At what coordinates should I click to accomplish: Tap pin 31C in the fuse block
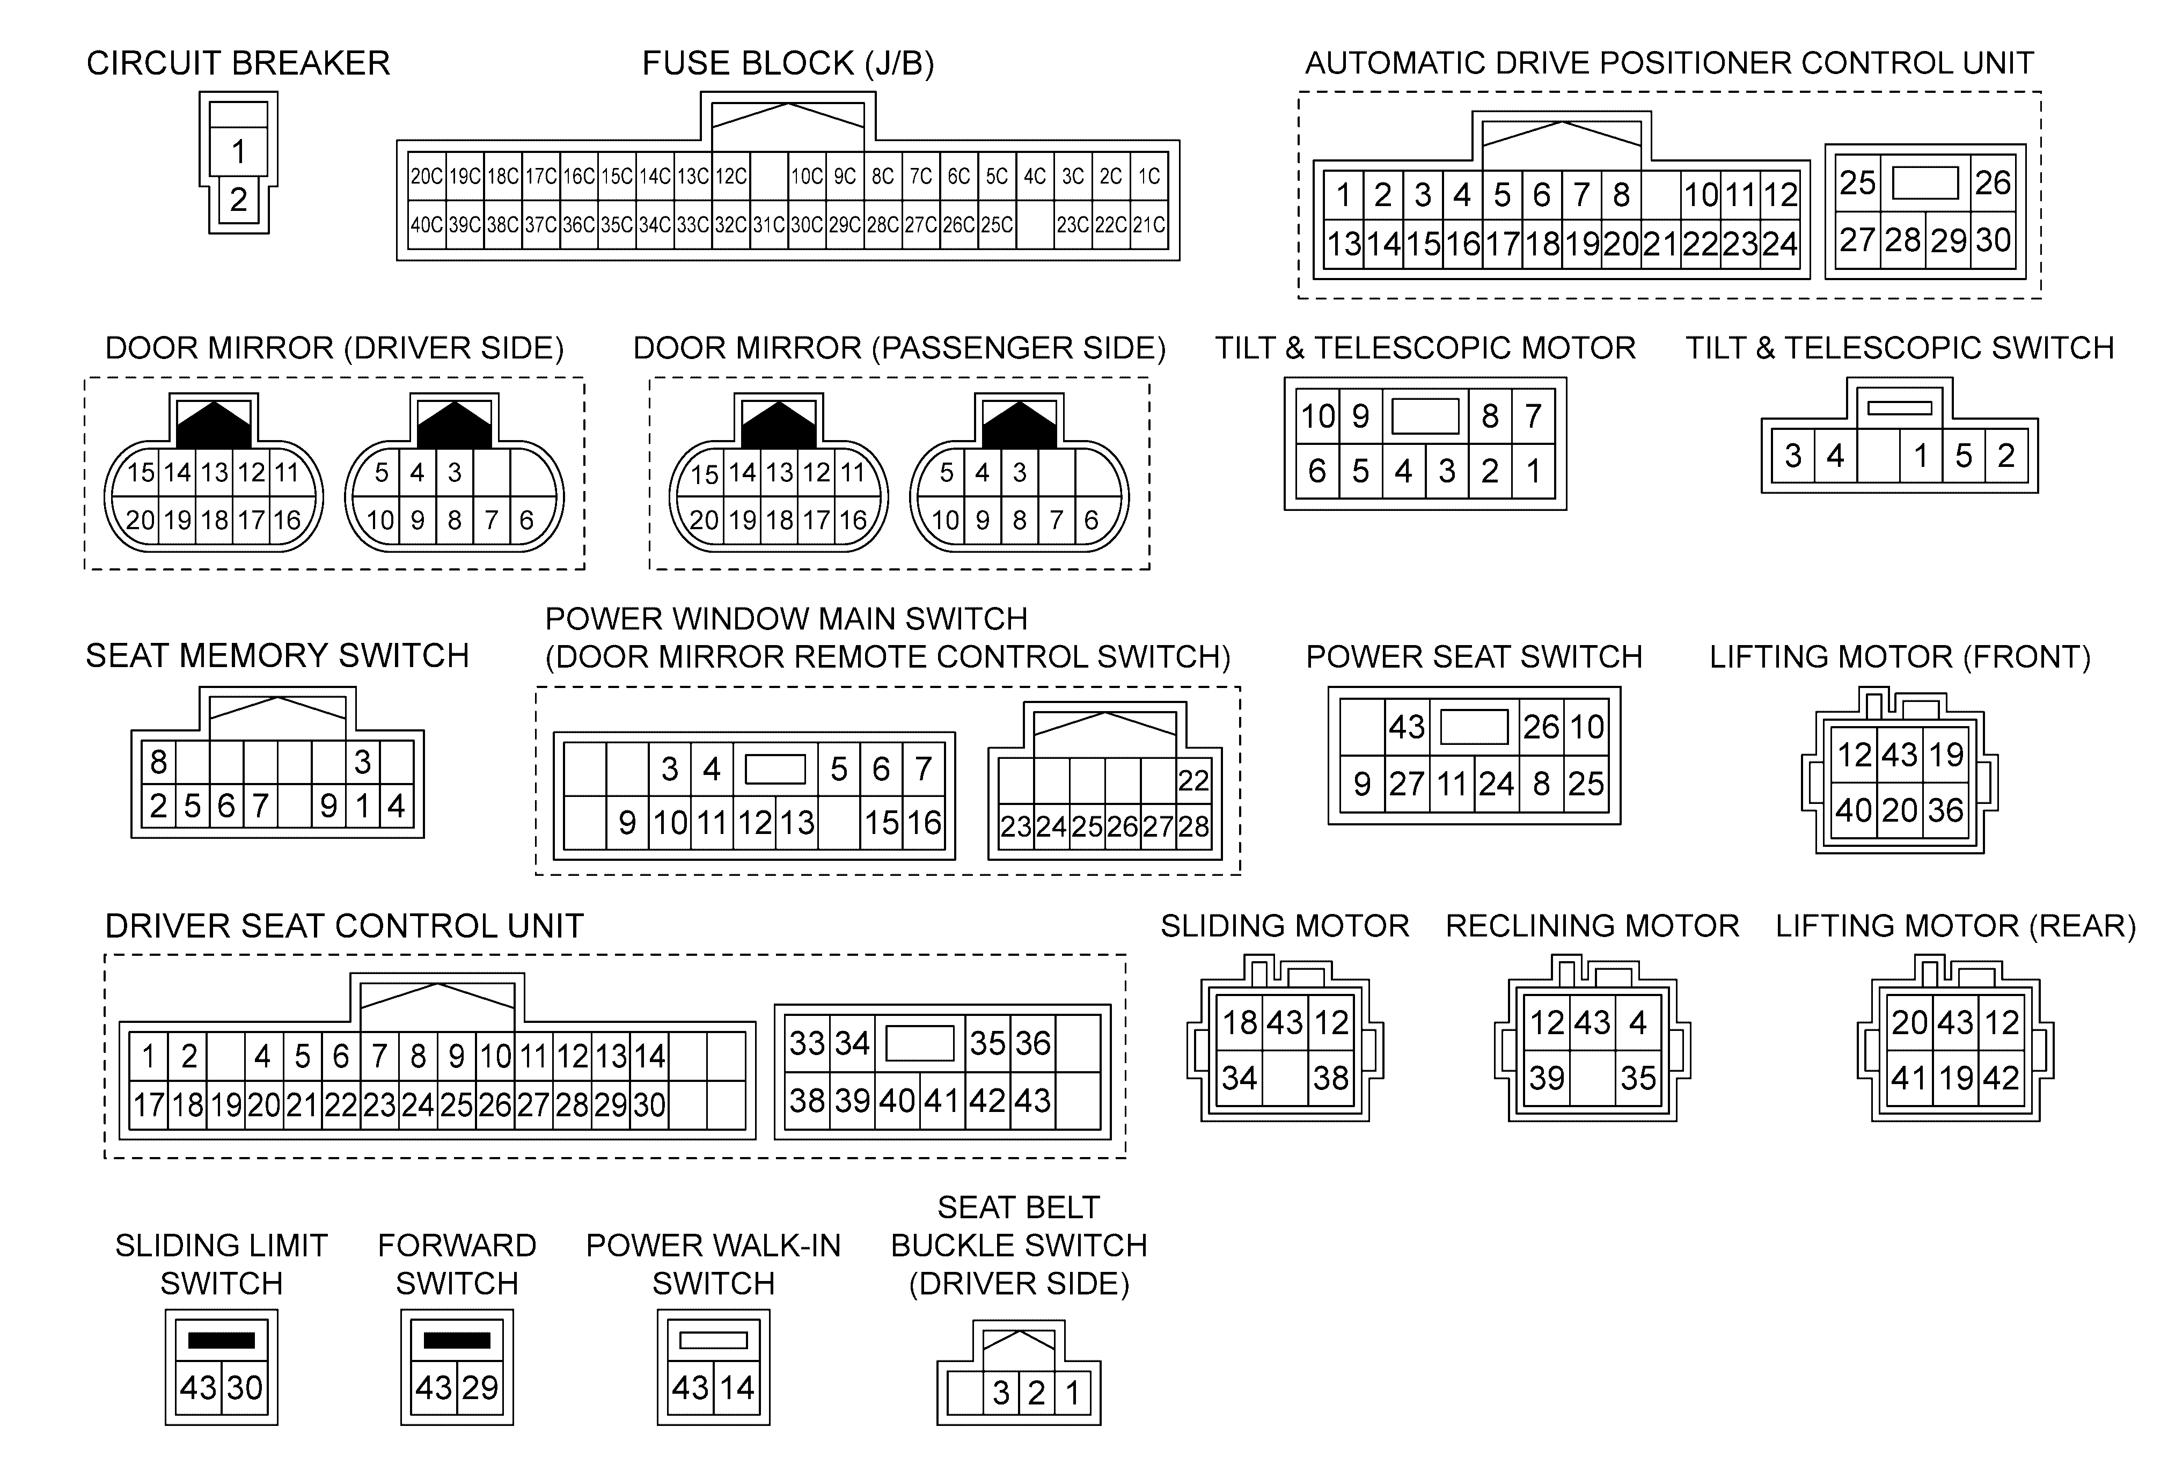tap(768, 225)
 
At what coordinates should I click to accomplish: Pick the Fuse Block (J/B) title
tap(788, 63)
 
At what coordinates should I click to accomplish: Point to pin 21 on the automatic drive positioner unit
tap(1660, 244)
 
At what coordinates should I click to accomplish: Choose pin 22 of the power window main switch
tap(1193, 780)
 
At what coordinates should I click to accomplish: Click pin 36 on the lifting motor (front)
tap(1946, 810)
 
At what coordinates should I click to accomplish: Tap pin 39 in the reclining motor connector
tap(1547, 1078)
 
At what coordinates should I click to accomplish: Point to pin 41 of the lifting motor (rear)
tap(1909, 1078)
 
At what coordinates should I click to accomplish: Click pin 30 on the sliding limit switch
tap(244, 1388)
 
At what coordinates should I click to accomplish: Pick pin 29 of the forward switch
tap(480, 1388)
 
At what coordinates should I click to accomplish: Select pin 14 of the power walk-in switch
tap(736, 1388)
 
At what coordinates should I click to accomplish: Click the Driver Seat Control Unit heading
tap(344, 926)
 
